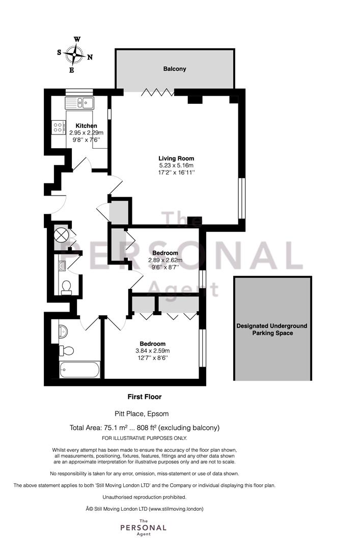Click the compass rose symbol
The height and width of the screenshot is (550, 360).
tap(75, 54)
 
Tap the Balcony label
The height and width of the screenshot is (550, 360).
tap(175, 69)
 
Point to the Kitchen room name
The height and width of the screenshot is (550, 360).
tap(86, 126)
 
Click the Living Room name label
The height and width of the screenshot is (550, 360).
tap(176, 158)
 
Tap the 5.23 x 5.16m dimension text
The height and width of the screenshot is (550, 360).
tap(176, 166)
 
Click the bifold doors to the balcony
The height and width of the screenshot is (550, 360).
tap(157, 92)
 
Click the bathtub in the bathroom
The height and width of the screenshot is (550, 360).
tap(79, 370)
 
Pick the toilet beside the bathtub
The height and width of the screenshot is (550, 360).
tap(67, 350)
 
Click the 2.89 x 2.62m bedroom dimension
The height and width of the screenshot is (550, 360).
tap(165, 260)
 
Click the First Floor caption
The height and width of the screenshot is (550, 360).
tap(144, 396)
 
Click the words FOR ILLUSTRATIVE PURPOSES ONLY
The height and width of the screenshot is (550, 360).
tap(144, 438)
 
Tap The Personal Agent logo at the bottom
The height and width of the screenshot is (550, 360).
tap(143, 528)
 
